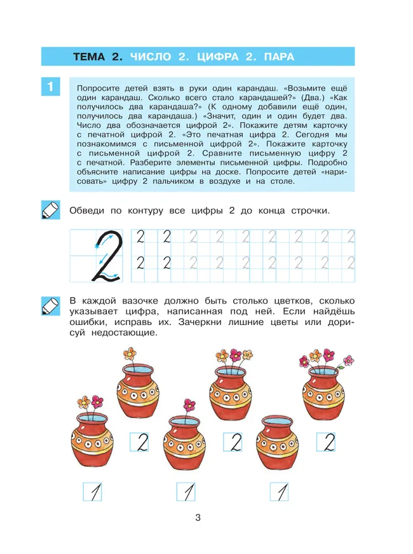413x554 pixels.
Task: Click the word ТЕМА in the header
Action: point(90,57)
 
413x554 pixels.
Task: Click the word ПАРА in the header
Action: point(276,57)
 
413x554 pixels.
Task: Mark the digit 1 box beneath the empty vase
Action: point(279,491)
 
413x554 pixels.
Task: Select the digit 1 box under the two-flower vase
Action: point(93,491)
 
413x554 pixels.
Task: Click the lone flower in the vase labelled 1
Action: point(189,405)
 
